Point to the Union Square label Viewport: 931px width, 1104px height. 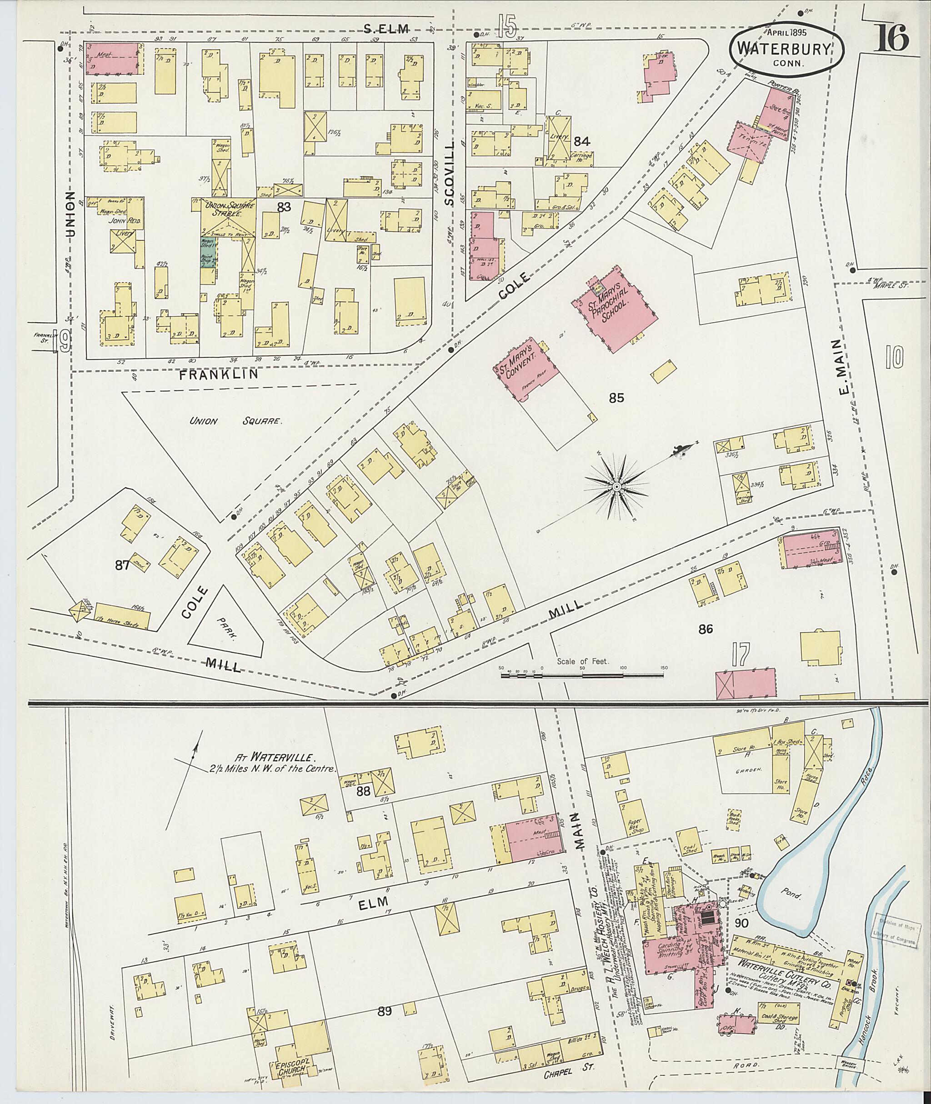236,421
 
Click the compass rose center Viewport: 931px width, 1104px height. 616,486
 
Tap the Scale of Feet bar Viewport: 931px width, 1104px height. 582,674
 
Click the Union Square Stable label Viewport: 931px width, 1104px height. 227,210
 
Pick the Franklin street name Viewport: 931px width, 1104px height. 219,374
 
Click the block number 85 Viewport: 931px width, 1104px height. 616,397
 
